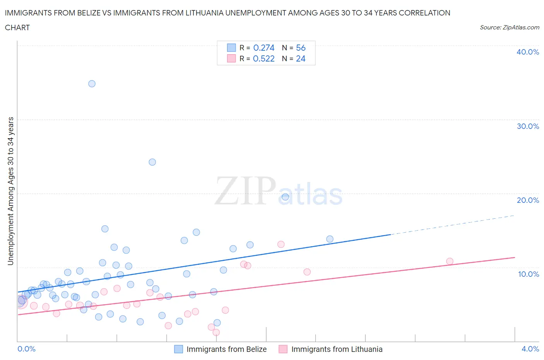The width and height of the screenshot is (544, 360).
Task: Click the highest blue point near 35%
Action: tap(92, 84)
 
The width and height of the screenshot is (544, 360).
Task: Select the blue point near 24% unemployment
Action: tap(152, 162)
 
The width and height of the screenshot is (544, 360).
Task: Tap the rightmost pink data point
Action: tap(450, 261)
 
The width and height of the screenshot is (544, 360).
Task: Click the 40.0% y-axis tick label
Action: tap(528, 52)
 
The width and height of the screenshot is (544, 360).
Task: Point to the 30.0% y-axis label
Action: tap(528, 126)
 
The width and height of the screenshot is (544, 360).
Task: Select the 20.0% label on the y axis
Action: tap(528, 200)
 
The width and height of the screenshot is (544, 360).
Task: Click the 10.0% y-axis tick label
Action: tap(529, 274)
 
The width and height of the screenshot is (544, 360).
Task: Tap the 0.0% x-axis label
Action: tap(26, 349)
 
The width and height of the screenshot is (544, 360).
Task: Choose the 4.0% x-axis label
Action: tap(530, 349)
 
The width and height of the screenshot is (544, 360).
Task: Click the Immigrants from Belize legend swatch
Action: tap(178, 349)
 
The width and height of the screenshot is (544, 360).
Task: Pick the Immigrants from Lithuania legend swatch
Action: tap(283, 349)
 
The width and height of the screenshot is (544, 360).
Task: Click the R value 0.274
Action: tap(263, 48)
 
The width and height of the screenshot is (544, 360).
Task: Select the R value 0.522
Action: tap(263, 58)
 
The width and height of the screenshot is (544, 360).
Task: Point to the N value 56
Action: tap(301, 48)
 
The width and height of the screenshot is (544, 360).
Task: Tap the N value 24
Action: tap(301, 58)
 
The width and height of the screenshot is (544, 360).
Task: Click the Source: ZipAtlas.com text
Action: tap(509, 27)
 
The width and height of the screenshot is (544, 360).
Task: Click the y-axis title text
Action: tap(10, 191)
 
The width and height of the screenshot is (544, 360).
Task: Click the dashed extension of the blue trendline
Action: tap(453, 225)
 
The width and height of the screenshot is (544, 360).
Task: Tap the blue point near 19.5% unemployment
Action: tap(285, 197)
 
